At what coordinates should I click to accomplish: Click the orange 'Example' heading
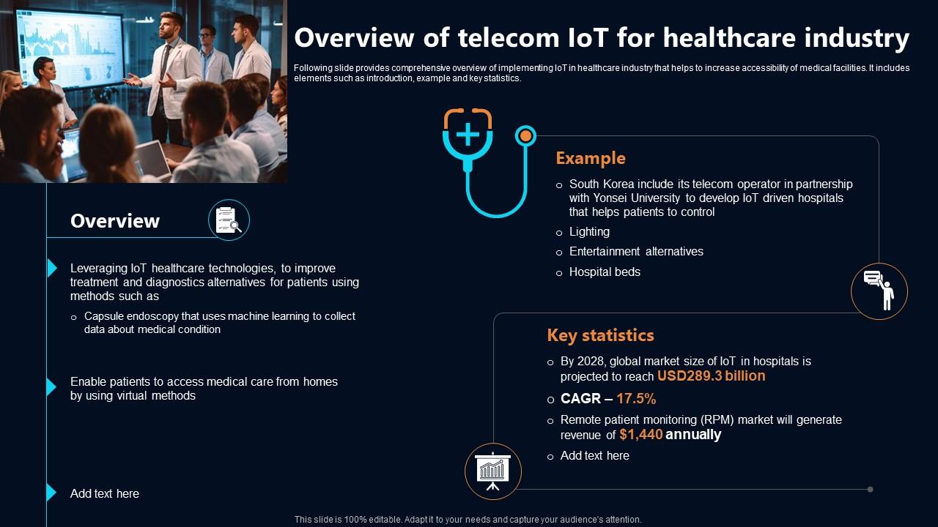pos(591,158)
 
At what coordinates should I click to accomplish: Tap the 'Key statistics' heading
pos(600,335)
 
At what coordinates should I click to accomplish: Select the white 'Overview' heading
pos(115,221)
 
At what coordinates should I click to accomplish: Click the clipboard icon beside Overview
pos(229,220)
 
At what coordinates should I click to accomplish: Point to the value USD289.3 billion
pos(711,376)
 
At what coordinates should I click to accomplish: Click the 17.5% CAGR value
pos(636,399)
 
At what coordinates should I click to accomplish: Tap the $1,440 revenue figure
pos(640,435)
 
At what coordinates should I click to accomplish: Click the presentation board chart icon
pos(493,471)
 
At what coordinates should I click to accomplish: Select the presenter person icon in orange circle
pos(879,291)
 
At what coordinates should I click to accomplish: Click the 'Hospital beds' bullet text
pos(605,272)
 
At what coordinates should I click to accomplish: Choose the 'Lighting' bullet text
pos(589,232)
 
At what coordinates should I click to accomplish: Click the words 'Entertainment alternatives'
pos(636,252)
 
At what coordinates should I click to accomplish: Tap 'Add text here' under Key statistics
pos(594,456)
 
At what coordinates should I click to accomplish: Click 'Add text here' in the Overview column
pos(105,494)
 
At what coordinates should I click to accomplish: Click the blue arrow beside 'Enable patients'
pos(51,387)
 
